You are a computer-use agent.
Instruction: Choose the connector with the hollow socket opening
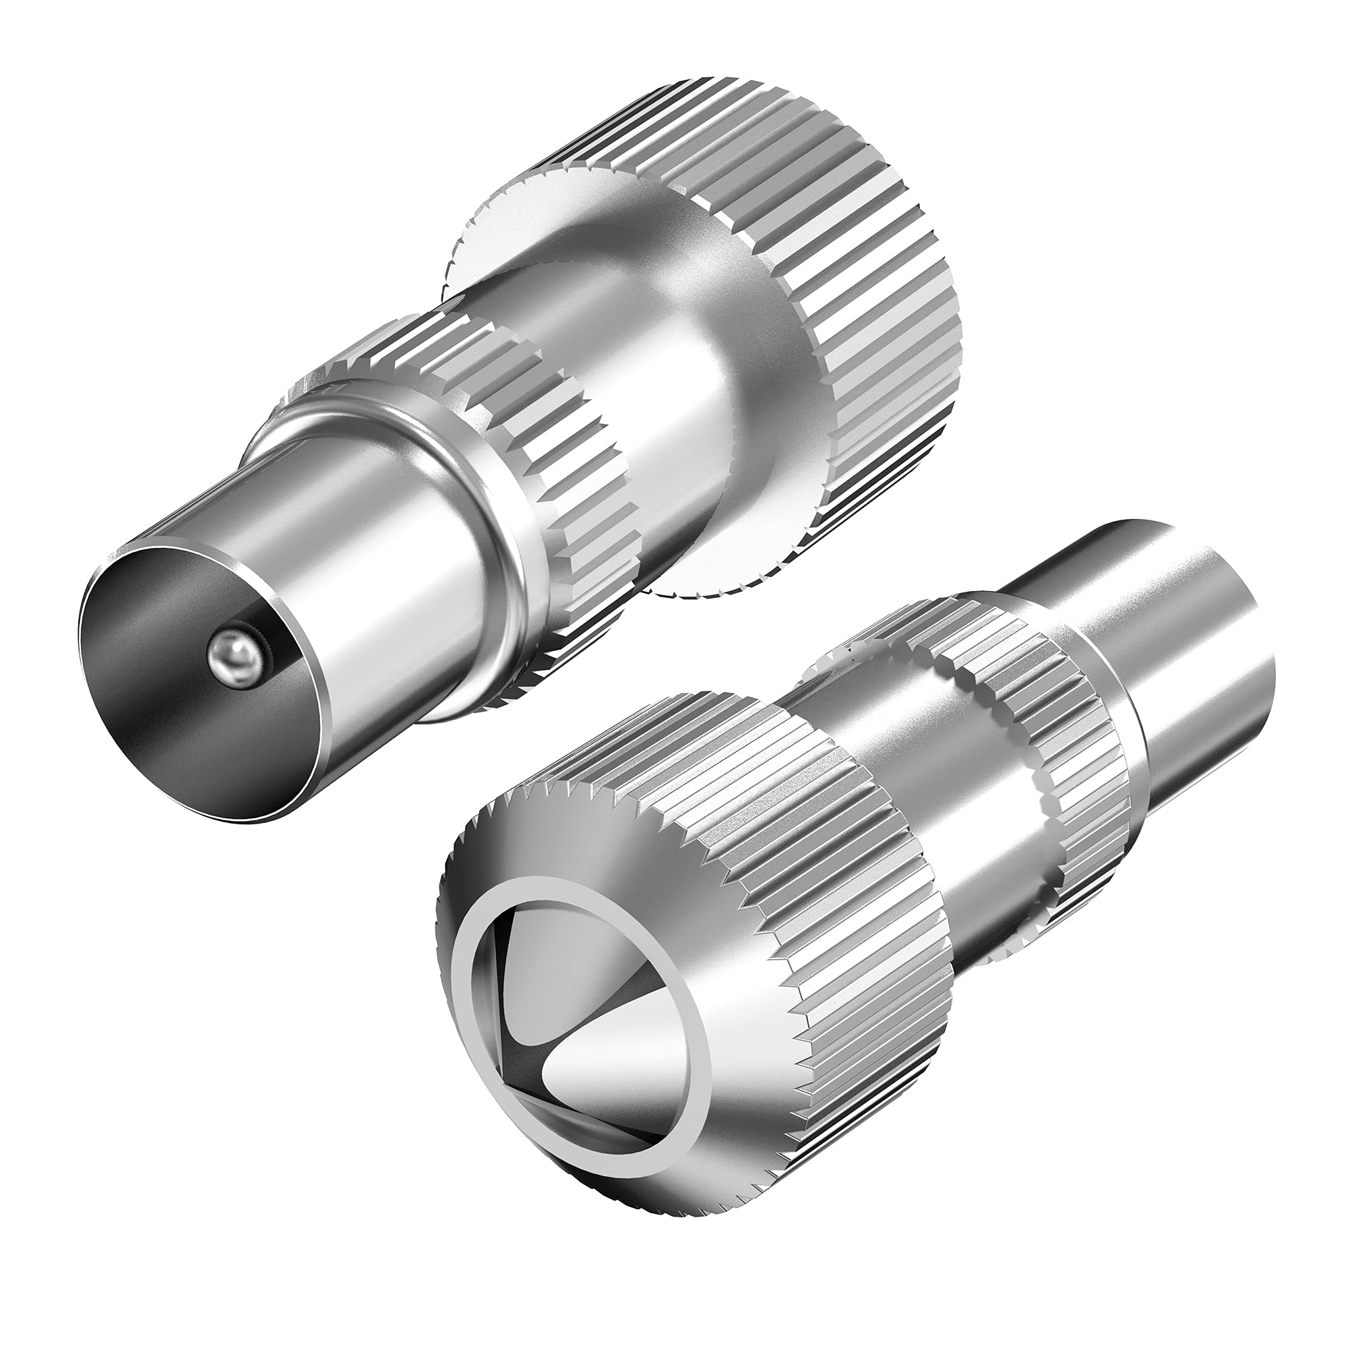pyautogui.click(x=802, y=977)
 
